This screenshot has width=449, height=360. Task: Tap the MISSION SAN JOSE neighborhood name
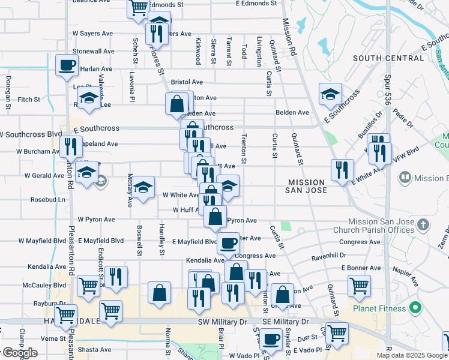coord(307,186)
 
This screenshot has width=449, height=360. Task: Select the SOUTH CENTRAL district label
coord(388,58)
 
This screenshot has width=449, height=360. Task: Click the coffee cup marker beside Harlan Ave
coord(67,64)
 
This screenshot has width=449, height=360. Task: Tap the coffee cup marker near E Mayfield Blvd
coord(228,243)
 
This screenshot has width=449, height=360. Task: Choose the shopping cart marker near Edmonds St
coord(138,7)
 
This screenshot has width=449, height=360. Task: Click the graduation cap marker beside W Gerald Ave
coord(87,173)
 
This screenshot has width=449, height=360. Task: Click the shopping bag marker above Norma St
coord(159,293)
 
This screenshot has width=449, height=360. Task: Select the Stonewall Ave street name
coord(93,52)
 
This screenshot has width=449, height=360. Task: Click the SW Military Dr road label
coord(223,322)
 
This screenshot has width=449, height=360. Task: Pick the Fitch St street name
coord(28,99)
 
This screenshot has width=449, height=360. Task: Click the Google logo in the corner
coord(19,353)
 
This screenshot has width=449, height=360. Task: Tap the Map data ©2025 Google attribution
coord(411,355)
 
